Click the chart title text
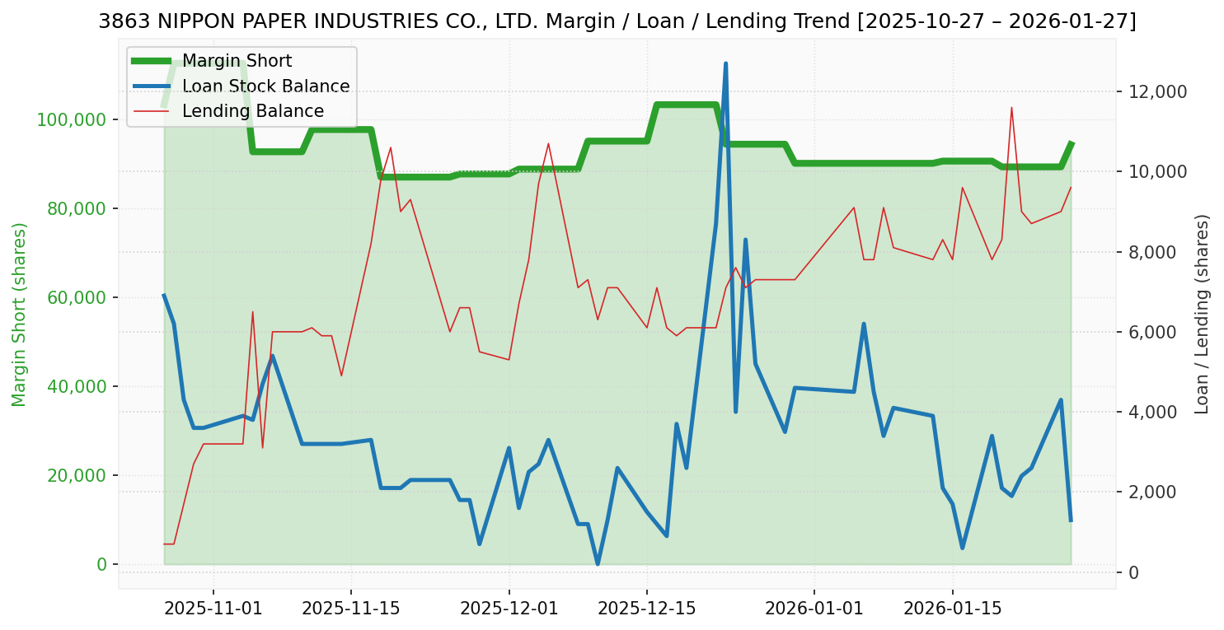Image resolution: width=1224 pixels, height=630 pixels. coord(617,21)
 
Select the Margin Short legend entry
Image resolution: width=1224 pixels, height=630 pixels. coord(237,61)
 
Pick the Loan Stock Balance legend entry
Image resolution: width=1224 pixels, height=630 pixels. coord(265,86)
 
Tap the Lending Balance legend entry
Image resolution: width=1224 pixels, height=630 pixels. coord(252,111)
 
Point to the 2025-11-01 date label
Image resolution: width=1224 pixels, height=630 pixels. coord(213,609)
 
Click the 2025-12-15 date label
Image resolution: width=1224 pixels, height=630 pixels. coord(647,609)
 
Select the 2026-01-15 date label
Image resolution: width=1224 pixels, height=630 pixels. coord(953,609)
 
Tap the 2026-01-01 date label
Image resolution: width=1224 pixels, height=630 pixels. coord(814,609)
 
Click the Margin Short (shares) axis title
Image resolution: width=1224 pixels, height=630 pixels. coord(19,315)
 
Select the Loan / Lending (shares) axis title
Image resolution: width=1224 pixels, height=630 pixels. coord(1203,314)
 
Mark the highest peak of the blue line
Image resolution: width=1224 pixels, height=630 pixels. coord(725,63)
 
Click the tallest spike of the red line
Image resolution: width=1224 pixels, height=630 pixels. coord(1011,107)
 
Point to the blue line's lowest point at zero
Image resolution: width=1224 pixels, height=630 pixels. coord(598,564)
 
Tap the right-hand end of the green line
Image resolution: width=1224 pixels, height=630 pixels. coord(1071,143)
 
